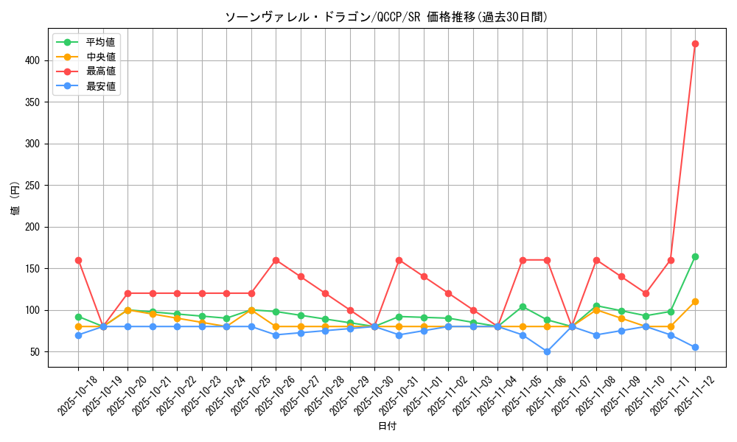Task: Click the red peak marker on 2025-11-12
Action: (695, 43)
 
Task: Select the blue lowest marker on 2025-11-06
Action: (547, 351)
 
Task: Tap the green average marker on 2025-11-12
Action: (695, 256)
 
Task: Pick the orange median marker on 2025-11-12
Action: (695, 301)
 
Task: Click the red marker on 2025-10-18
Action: (78, 260)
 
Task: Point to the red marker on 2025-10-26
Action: (276, 260)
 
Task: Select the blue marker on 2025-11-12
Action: (695, 347)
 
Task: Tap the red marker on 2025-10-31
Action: (399, 260)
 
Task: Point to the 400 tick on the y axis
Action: (35, 60)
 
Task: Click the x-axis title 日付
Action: (387, 427)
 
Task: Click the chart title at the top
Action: (387, 17)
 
